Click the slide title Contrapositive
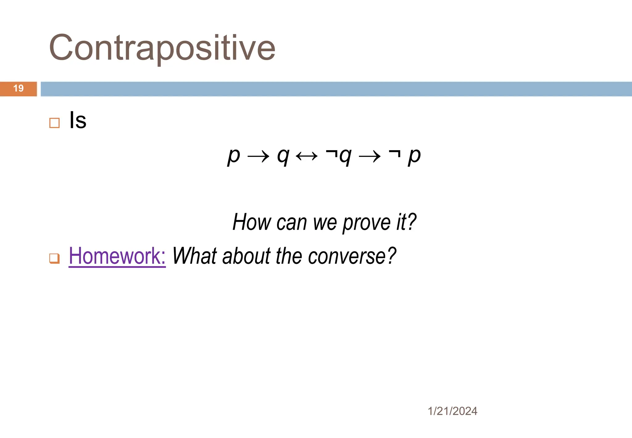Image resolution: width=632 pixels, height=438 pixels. click(162, 48)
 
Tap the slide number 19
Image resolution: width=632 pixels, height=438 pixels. click(19, 89)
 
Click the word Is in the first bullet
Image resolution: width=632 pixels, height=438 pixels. click(78, 120)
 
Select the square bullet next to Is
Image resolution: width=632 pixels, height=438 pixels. click(55, 123)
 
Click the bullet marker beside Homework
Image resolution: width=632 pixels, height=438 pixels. click(55, 258)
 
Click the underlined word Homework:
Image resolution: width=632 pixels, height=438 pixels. click(117, 256)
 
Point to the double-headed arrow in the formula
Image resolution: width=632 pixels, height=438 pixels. click(306, 156)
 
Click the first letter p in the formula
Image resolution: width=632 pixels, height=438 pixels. click(234, 156)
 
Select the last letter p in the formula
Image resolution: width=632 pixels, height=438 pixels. click(414, 156)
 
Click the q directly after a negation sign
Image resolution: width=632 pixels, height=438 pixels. click(345, 156)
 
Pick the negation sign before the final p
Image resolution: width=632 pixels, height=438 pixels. click(395, 153)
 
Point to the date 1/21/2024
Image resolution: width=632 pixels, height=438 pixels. click(452, 411)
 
